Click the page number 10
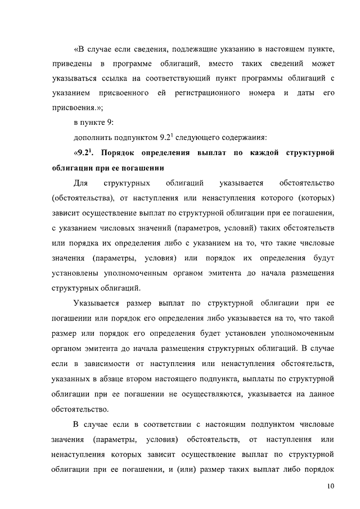(x=331, y=486)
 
